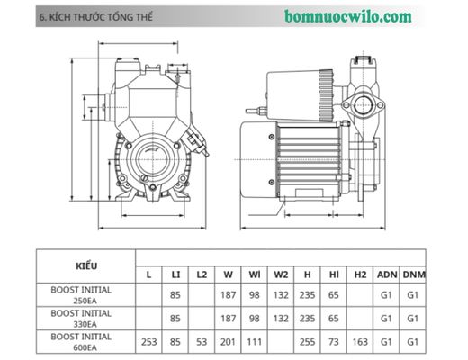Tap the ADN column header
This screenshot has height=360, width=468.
tap(386, 274)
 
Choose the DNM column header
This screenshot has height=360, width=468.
tap(415, 274)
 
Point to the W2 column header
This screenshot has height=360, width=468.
tap(281, 274)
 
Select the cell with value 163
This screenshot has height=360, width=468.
tap(360, 342)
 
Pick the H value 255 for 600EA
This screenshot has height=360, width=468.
tap(307, 342)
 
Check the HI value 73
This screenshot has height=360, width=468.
tap(333, 342)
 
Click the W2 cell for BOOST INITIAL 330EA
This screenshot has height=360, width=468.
tap(281, 319)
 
